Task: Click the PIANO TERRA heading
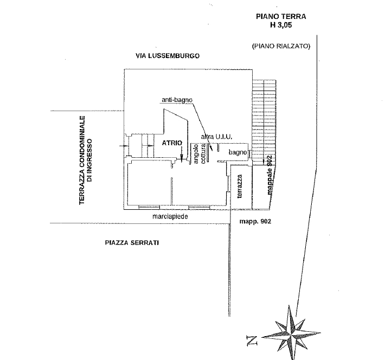[281, 17]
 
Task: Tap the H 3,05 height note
[281, 25]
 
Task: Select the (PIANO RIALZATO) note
[280, 47]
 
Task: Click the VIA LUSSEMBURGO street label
[168, 56]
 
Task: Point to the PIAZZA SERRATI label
[132, 243]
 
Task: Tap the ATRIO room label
[171, 143]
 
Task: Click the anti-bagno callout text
[177, 100]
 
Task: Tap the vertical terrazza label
[240, 190]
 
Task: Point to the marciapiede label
[170, 216]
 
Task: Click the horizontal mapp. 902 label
[255, 222]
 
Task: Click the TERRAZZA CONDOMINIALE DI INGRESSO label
[87, 161]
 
